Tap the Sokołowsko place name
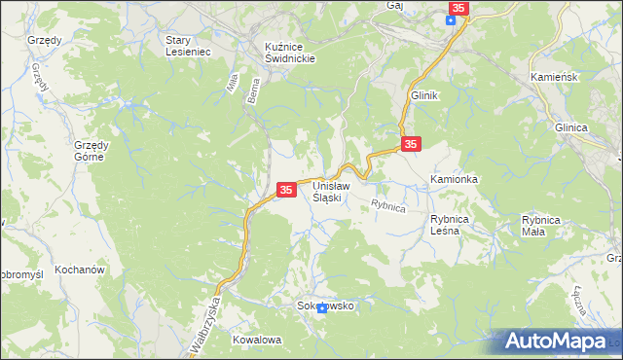(x=325, y=306)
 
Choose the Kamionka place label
(x=454, y=180)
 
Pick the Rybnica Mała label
(x=540, y=226)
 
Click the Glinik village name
(x=425, y=96)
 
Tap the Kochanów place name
(x=80, y=269)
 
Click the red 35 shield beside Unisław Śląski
(x=286, y=191)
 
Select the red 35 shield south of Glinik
(x=411, y=144)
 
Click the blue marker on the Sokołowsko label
(x=321, y=308)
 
